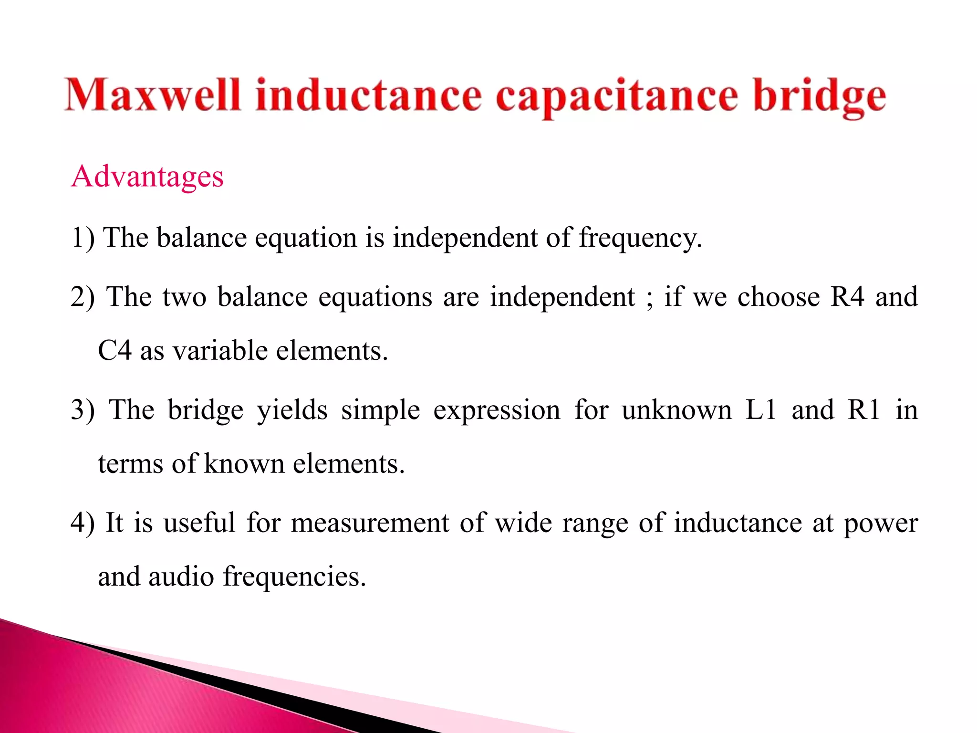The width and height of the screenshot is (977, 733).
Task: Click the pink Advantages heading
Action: pyautogui.click(x=147, y=177)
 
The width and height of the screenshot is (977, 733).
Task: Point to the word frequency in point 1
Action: pyautogui.click(x=640, y=238)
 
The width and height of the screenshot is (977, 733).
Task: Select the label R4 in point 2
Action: pyautogui.click(x=847, y=297)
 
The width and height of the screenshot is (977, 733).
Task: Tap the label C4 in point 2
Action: pyautogui.click(x=114, y=351)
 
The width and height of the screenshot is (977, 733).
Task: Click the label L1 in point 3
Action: pyautogui.click(x=761, y=410)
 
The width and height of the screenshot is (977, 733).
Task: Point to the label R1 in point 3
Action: pyautogui.click(x=863, y=410)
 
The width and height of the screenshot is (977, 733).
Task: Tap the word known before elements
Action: pyautogui.click(x=244, y=464)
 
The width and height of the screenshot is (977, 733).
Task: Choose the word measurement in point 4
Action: pyautogui.click(x=370, y=523)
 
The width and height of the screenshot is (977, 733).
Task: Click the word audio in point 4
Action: pyautogui.click(x=181, y=576)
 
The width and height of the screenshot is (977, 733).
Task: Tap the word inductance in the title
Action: pyautogui.click(x=368, y=95)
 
